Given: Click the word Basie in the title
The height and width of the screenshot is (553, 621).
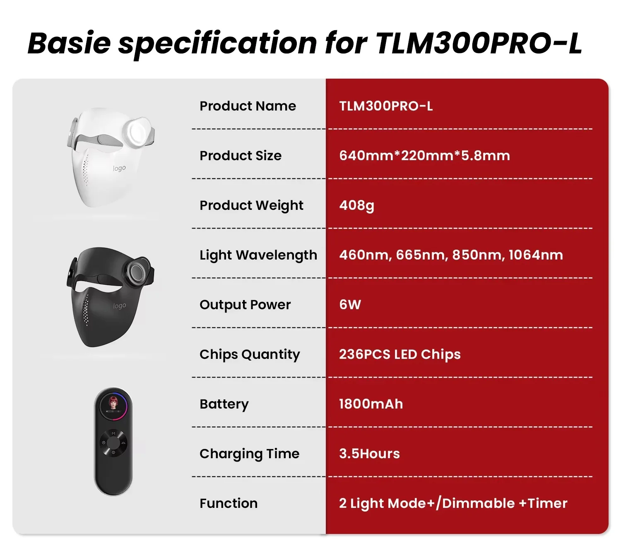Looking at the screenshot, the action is [x=69, y=43].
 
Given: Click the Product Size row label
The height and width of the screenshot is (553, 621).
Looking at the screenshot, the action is [x=240, y=155].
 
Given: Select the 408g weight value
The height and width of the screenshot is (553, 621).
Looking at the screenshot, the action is [x=356, y=206].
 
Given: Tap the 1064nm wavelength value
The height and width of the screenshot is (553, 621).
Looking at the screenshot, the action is [x=535, y=255].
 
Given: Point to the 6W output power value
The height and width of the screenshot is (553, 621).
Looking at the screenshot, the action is [x=350, y=304].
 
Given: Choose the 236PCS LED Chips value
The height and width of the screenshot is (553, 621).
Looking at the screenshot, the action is [x=400, y=354].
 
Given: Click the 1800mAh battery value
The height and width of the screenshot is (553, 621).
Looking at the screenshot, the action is [x=371, y=404].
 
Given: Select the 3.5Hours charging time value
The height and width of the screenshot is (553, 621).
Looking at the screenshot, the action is [x=369, y=453].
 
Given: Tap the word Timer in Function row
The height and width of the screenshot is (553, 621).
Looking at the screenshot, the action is [x=547, y=503].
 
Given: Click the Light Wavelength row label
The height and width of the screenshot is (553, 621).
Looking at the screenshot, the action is [x=258, y=255].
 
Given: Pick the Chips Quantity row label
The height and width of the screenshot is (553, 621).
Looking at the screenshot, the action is [x=250, y=355].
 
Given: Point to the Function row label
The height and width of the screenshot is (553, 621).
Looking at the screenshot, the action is [x=229, y=503].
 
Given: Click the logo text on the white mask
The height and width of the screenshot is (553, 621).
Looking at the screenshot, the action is [x=119, y=168].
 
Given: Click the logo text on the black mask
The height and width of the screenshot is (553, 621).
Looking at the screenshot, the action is [x=119, y=305].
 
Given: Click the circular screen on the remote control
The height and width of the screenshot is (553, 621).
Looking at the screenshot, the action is [x=113, y=405].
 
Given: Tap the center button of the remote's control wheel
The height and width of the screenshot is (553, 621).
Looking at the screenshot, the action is [x=113, y=442].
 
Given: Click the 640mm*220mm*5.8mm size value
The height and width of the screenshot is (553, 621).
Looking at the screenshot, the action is [x=424, y=155].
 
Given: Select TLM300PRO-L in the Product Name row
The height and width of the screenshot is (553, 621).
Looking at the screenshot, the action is [x=386, y=106].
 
